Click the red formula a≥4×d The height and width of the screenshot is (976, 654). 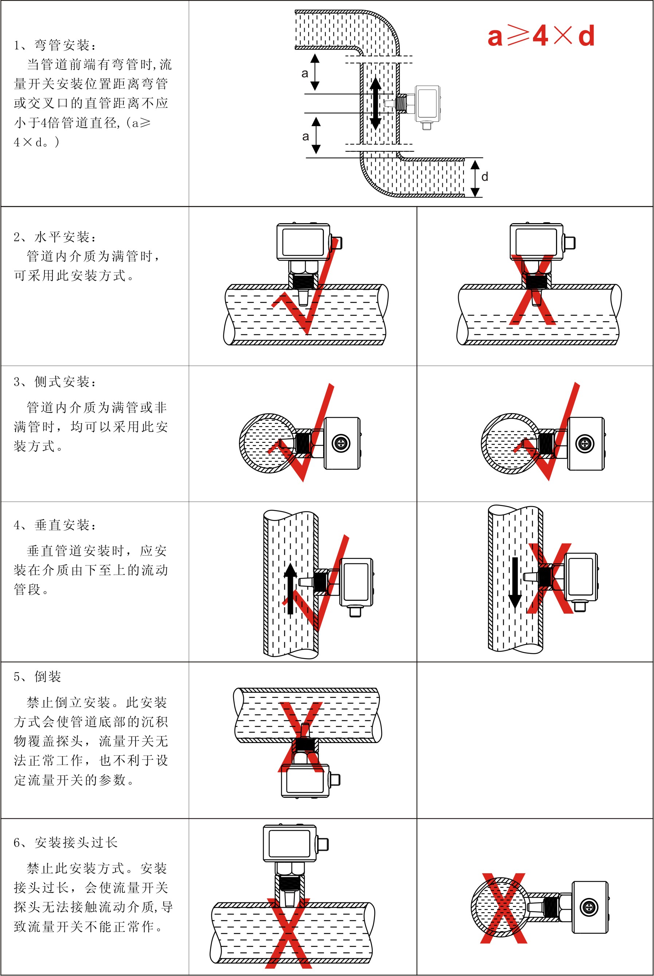coord(541,36)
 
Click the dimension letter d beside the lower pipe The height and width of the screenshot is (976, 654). coord(484,177)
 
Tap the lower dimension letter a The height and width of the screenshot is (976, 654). coord(306,136)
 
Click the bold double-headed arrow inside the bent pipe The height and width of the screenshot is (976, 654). coord(375,104)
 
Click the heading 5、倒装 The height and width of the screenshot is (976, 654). coord(38,676)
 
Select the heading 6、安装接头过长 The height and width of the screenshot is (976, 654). coord(66,842)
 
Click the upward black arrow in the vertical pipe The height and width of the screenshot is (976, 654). coord(290,588)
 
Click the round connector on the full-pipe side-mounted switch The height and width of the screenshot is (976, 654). coord(341,443)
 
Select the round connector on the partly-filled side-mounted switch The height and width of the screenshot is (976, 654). coord(585,443)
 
